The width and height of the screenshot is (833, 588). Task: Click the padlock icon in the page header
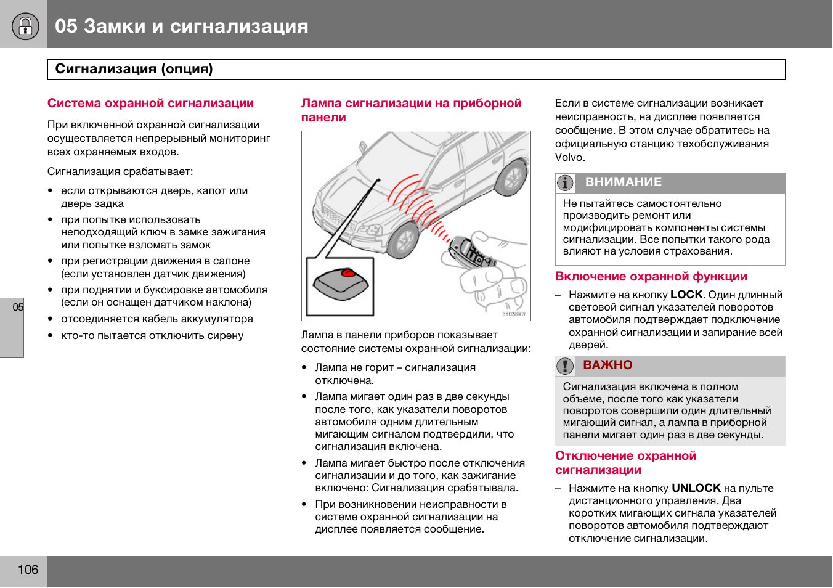25,26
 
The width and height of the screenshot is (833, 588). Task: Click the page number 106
28,570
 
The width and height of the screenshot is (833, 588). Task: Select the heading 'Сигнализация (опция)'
134,69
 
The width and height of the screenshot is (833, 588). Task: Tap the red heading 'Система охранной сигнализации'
150,104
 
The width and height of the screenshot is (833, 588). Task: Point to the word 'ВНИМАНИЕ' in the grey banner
623,182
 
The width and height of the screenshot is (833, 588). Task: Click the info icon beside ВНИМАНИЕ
565,183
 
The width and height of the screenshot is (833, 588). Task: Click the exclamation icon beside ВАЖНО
564,366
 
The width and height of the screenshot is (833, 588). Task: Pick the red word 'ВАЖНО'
607,365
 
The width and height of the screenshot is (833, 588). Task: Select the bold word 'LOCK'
686,295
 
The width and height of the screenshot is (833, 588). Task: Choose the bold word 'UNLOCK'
696,488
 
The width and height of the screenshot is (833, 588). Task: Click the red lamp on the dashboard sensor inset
349,272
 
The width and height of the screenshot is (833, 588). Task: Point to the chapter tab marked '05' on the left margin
18,308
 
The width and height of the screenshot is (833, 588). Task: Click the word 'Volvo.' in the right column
570,158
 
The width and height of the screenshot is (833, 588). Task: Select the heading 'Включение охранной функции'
651,277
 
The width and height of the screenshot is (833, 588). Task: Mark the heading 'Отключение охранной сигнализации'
625,463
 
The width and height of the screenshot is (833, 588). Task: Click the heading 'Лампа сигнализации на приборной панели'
411,110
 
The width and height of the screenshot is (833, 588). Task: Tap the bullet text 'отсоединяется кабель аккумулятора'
156,319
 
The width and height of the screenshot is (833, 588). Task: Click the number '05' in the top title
66,26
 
